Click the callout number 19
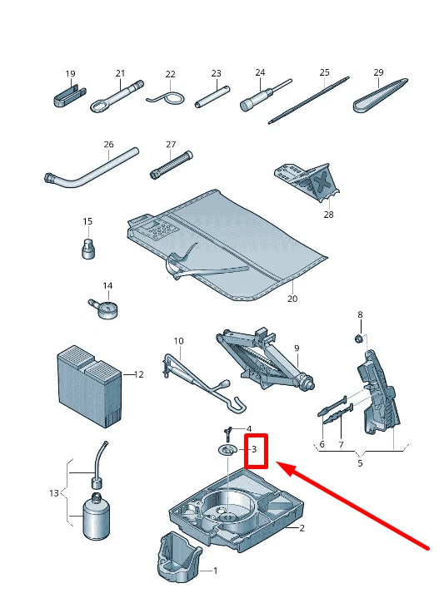pos(70,73)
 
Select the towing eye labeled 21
pos(117,96)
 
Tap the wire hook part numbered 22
pos(167,98)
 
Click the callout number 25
pos(324,72)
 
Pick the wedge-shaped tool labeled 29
pos(381,96)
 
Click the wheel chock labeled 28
pos(307,182)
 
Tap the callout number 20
pos(292,299)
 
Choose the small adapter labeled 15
pos(88,249)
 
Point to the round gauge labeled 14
pos(104,309)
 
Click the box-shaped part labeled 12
pos(89,386)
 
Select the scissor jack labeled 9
pos(265,358)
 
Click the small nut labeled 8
pos(358,339)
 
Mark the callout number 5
pos(360,463)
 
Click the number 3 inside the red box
pos(254,449)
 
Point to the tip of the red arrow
pos(277,462)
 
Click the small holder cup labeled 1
pos(179,557)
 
